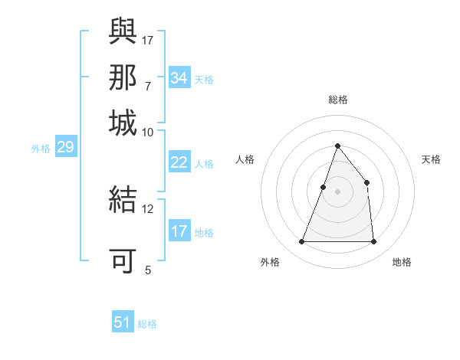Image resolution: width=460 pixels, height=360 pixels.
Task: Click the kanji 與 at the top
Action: tap(123, 31)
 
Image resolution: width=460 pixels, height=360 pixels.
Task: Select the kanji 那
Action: tap(123, 77)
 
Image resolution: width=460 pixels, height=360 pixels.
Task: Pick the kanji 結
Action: tap(123, 199)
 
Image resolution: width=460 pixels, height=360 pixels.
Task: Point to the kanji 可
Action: tap(123, 260)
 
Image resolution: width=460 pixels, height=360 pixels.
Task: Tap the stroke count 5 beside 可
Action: tap(148, 270)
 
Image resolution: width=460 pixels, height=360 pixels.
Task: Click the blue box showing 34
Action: tap(179, 78)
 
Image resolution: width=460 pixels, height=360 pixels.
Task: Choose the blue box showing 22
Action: tap(179, 162)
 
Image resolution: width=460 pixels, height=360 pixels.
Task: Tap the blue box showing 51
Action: tap(123, 322)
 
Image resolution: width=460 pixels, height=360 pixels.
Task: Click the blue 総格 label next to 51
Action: tap(147, 324)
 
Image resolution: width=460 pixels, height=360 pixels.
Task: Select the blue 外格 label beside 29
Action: tap(41, 149)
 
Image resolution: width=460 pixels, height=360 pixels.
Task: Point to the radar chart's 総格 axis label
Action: tap(337, 100)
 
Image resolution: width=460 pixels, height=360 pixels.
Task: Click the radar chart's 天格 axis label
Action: tap(431, 159)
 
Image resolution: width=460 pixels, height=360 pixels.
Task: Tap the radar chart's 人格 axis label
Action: tap(245, 159)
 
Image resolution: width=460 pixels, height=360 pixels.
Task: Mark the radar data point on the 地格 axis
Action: tap(373, 242)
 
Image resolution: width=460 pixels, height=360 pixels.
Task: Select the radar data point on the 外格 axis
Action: tap(301, 242)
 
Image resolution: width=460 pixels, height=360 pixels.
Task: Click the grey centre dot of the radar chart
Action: tap(337, 191)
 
